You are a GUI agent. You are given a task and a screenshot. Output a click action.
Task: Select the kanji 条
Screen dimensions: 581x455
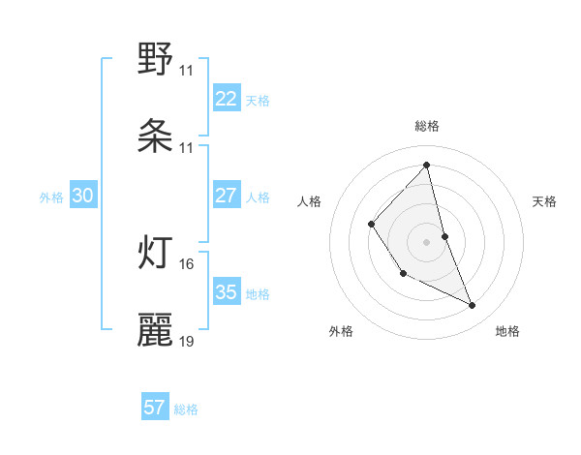point(156,136)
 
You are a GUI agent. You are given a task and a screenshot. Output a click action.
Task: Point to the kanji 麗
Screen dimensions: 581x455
point(156,329)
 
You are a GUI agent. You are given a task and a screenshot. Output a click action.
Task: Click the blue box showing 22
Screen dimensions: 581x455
point(227,99)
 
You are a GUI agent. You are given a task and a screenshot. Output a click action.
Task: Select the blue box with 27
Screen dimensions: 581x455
point(227,196)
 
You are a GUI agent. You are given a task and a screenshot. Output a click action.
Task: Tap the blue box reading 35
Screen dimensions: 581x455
point(227,292)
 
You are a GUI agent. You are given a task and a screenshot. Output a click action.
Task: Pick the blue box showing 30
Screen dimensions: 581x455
point(82,196)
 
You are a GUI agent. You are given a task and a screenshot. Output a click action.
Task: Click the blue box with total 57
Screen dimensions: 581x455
point(155,408)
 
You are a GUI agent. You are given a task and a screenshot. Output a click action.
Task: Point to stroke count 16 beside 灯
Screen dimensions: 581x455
point(187,263)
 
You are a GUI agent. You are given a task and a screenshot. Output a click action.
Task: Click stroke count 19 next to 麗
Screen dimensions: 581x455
point(187,341)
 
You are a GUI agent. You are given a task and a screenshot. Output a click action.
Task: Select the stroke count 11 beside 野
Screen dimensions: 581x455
point(187,71)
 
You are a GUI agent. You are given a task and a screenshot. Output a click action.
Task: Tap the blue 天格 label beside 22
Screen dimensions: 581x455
point(258,100)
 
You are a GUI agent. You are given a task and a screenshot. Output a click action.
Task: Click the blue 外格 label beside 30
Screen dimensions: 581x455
point(51,197)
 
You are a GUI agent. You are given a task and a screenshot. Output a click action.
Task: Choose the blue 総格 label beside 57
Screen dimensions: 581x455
point(186,409)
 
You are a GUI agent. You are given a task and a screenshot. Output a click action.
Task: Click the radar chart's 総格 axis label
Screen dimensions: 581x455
point(427,126)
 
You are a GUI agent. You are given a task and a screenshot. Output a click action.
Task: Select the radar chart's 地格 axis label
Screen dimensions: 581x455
point(507,331)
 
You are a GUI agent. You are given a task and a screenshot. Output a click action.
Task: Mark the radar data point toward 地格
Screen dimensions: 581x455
point(473,306)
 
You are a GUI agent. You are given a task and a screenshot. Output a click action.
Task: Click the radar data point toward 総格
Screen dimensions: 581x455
point(427,165)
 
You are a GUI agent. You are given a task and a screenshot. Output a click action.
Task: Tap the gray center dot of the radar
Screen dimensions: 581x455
point(427,241)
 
